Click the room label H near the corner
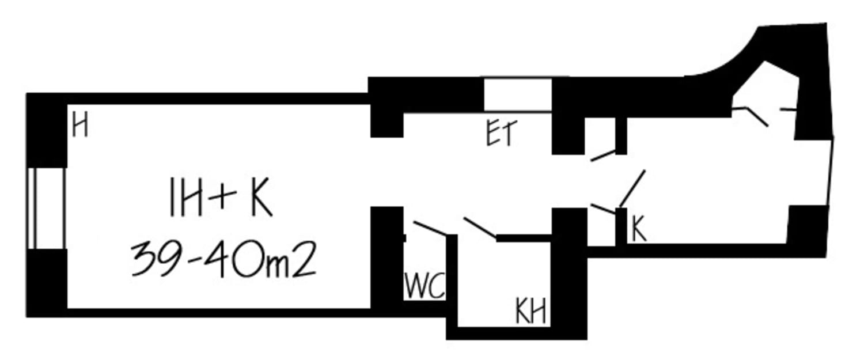tap(80, 126)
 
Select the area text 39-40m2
tap(223, 259)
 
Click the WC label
tap(425, 286)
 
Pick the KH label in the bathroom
tap(530, 313)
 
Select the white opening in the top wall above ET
tap(518, 95)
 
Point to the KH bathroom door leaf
tap(480, 228)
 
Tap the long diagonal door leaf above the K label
tap(632, 188)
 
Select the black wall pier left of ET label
tap(386, 124)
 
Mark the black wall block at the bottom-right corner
tap(806, 230)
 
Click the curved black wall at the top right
tap(743, 63)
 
